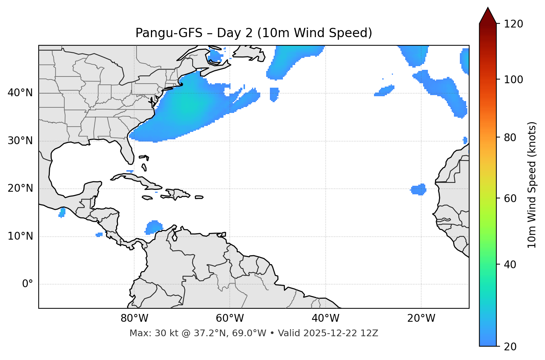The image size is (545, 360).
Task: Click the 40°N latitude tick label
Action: click(x=20, y=93)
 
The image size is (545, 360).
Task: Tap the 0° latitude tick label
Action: click(x=28, y=284)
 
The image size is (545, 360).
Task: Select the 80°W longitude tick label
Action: click(x=134, y=318)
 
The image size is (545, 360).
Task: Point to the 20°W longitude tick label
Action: click(x=421, y=318)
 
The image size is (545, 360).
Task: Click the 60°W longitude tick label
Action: click(x=230, y=318)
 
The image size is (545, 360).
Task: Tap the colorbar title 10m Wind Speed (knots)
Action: click(x=532, y=185)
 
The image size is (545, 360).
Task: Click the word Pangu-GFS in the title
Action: click(x=169, y=33)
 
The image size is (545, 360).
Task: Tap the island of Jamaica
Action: click(x=147, y=198)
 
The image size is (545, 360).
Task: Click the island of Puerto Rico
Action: click(x=199, y=197)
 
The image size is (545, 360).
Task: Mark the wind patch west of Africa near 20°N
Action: click(x=419, y=189)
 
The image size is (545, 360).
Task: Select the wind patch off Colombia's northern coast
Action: click(x=153, y=227)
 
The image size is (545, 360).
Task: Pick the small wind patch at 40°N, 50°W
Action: click(x=274, y=94)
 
